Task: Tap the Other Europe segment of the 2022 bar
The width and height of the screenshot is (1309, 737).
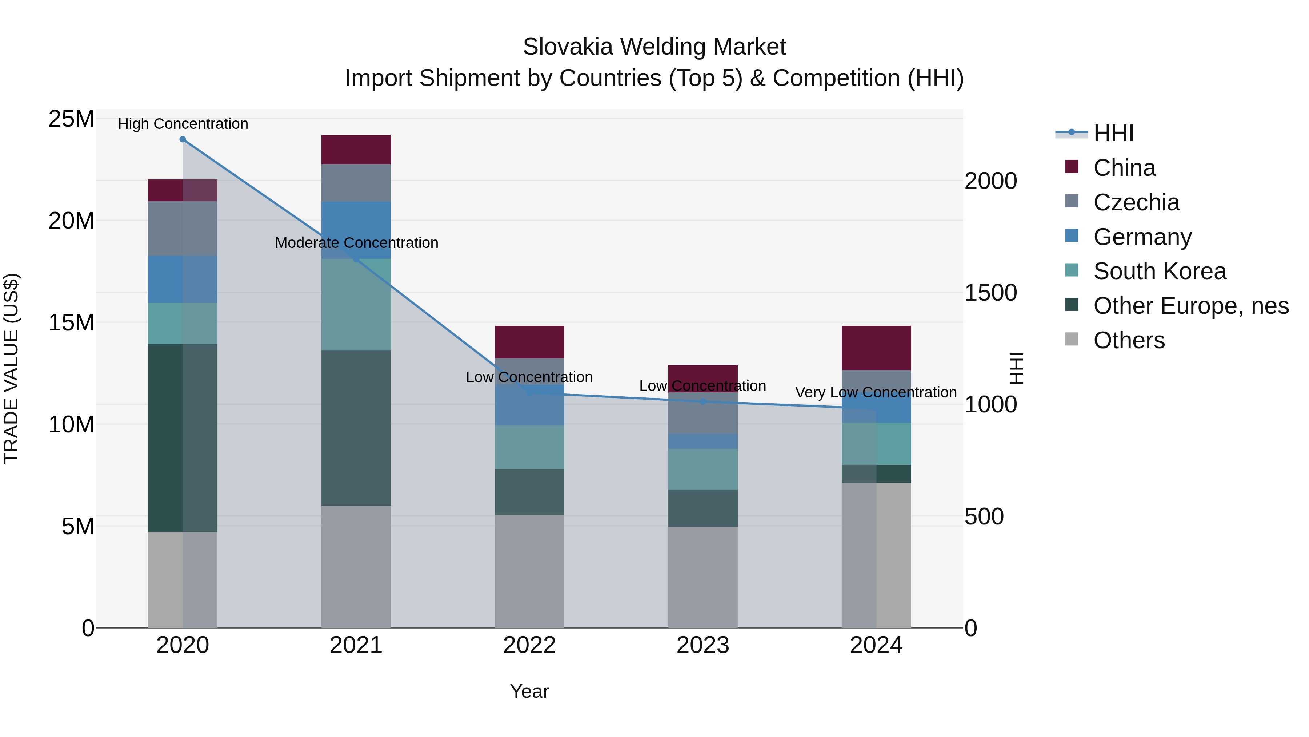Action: click(529, 491)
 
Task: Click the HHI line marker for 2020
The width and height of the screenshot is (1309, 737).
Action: click(183, 139)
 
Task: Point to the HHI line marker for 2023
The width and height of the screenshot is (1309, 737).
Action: click(703, 401)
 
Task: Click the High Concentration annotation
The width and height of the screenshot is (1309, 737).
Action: click(183, 124)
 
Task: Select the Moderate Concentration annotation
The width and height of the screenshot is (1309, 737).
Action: click(356, 243)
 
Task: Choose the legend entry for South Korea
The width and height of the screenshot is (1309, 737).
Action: click(1159, 271)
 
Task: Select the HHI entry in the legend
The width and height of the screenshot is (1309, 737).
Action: click(1113, 133)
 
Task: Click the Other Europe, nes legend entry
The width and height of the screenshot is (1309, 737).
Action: click(1190, 306)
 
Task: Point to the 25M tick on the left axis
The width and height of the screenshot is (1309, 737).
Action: click(71, 119)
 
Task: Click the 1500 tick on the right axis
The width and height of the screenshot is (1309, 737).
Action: click(990, 293)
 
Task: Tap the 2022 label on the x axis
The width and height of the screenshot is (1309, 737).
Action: click(529, 645)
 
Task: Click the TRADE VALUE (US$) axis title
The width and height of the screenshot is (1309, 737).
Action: click(11, 368)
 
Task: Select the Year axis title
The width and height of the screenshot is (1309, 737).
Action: click(529, 691)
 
